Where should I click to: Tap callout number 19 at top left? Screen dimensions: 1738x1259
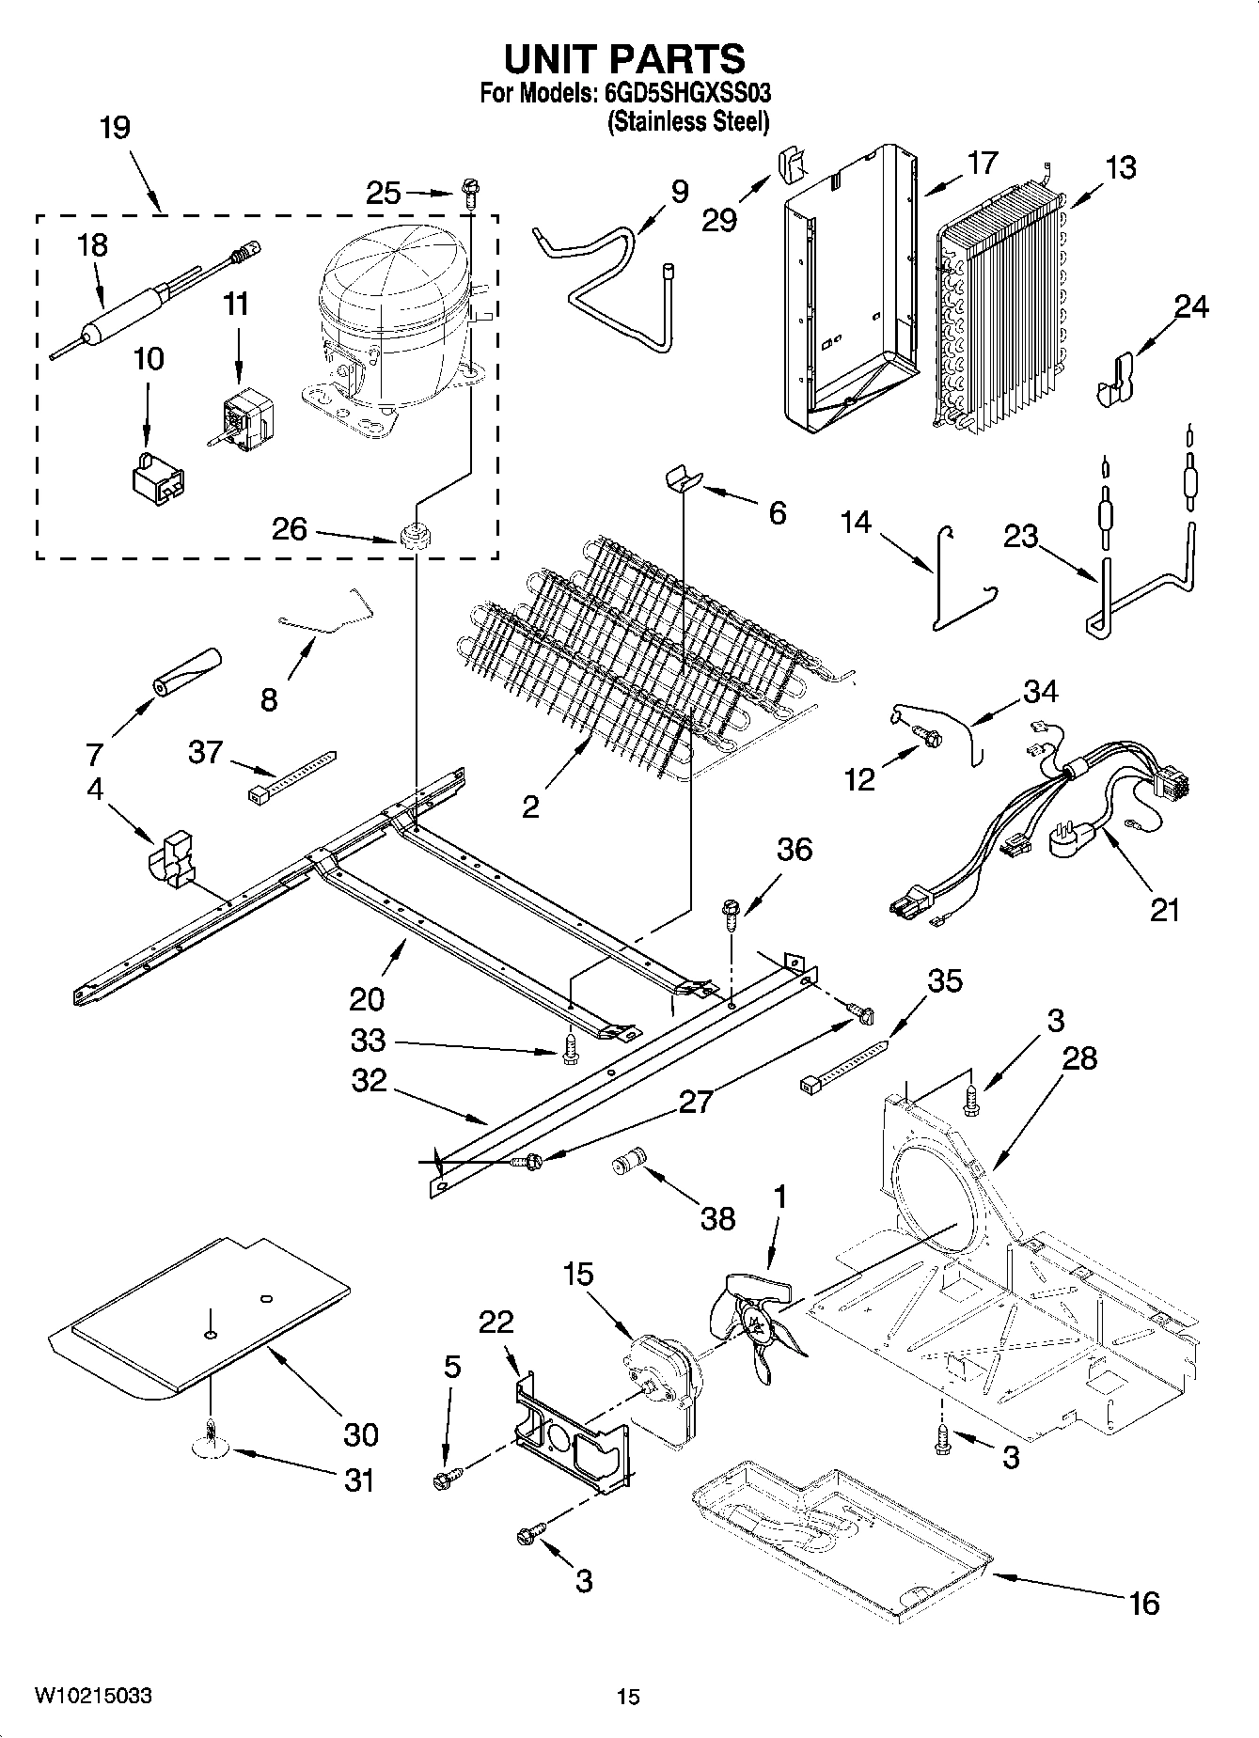[115, 127]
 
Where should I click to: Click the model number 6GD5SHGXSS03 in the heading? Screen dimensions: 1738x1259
[685, 95]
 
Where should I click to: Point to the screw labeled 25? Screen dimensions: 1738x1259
[469, 195]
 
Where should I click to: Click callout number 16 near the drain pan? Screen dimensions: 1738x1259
[1143, 1602]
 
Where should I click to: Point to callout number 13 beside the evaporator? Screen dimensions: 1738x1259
[1120, 167]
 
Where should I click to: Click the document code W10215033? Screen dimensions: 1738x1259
[93, 1695]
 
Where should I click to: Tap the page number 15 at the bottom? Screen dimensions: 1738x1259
[628, 1697]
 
